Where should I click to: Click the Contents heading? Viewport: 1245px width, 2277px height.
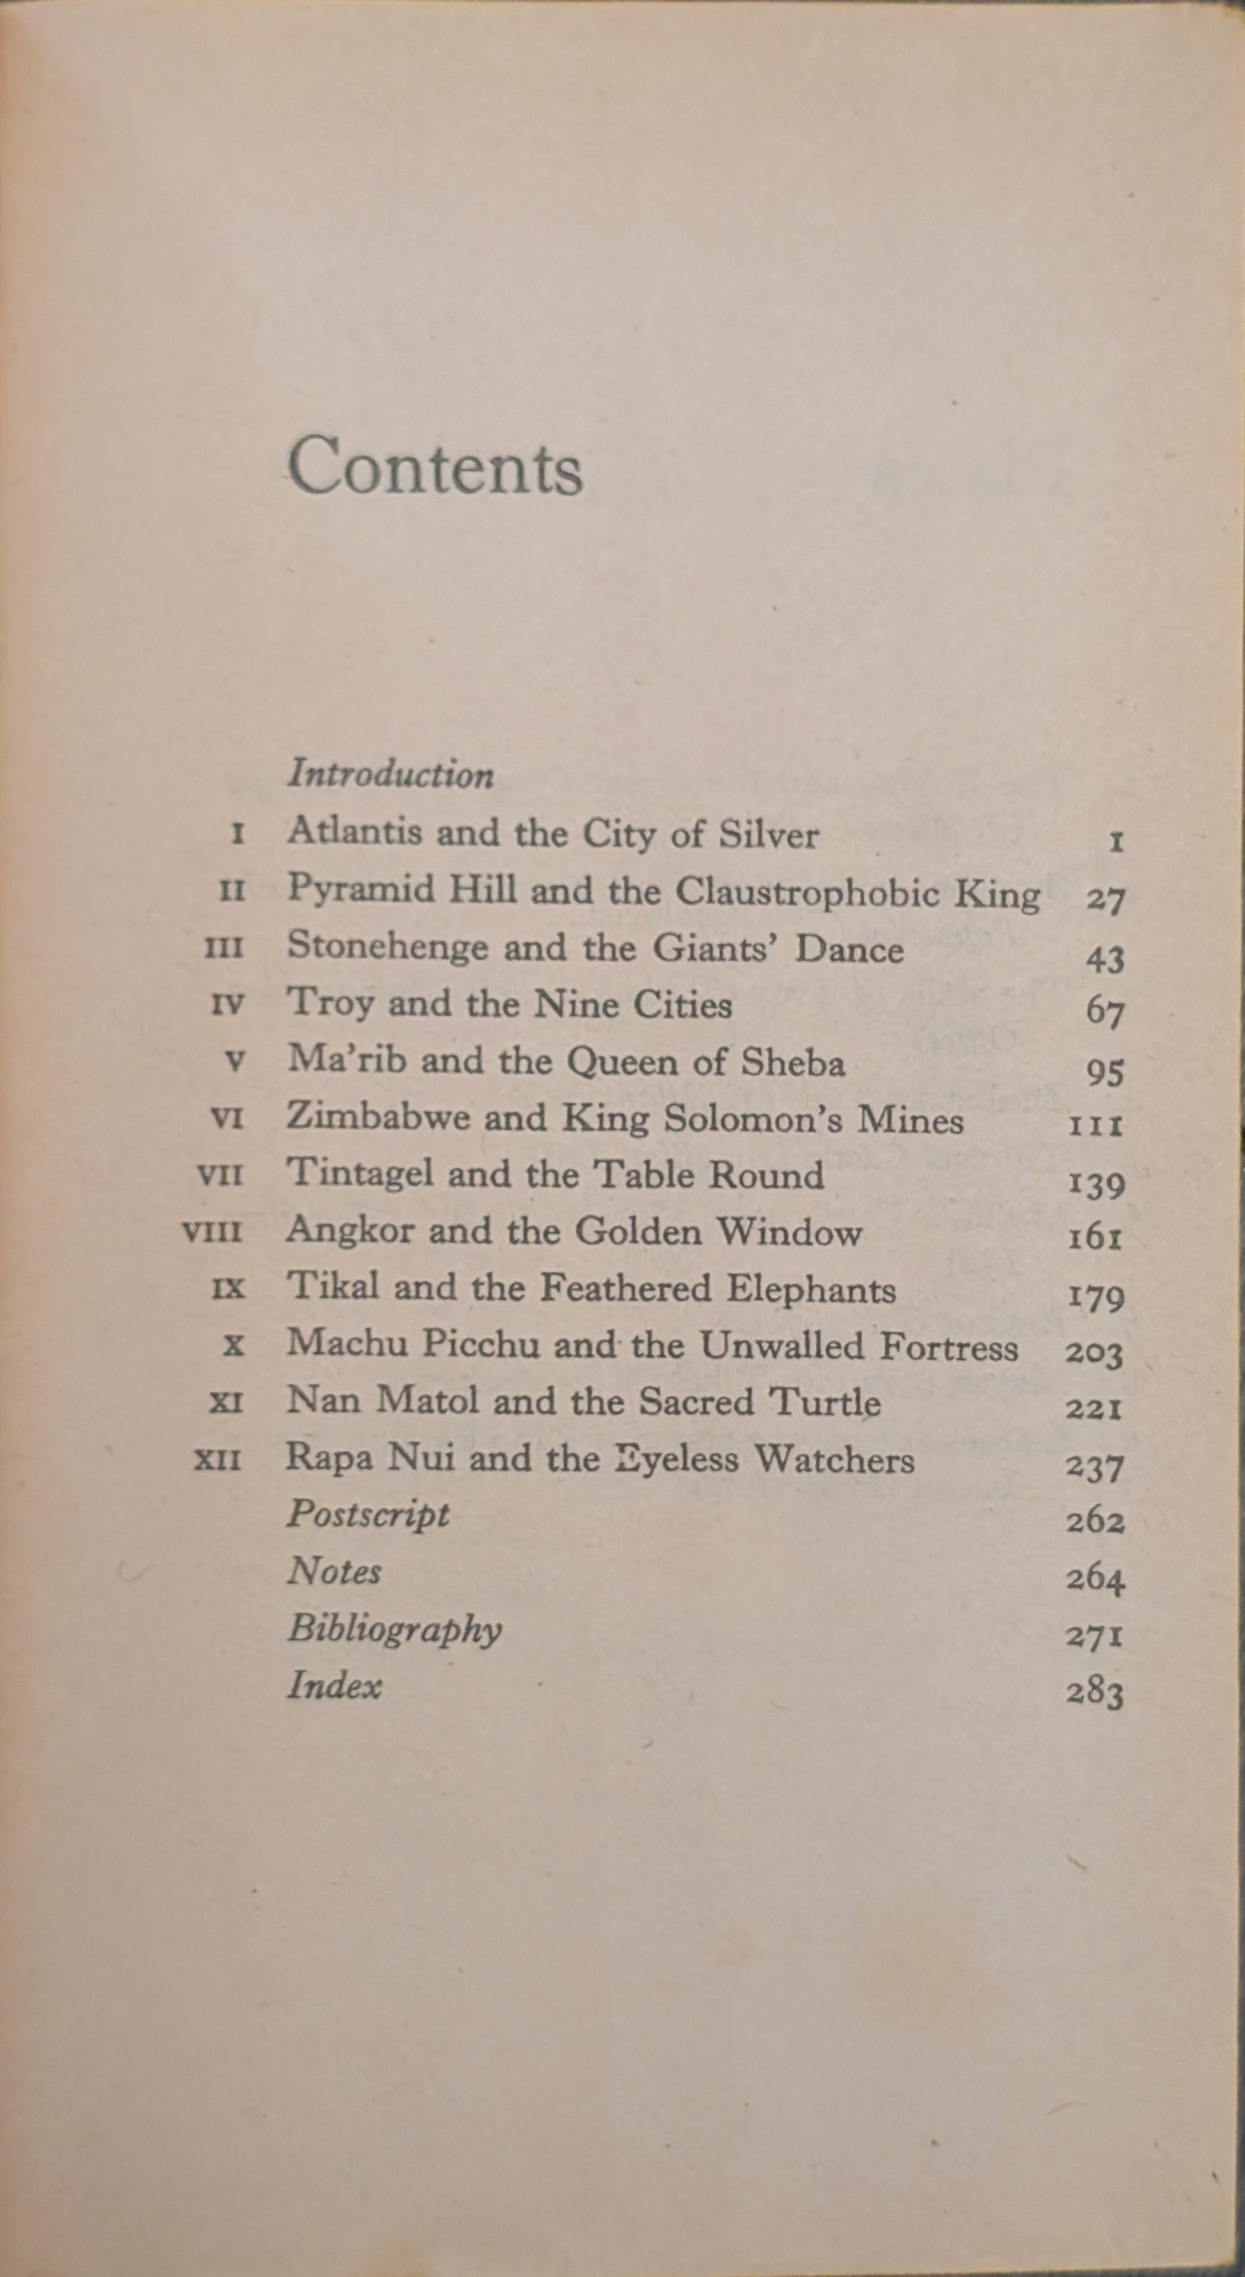(x=435, y=468)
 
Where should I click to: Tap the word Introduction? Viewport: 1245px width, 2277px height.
(x=391, y=775)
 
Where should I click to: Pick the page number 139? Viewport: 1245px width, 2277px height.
(x=1097, y=1183)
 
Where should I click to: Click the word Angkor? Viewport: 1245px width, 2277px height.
(x=350, y=1231)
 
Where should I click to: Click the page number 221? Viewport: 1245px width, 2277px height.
(x=1095, y=1407)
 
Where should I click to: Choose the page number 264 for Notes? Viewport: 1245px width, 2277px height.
(x=1095, y=1578)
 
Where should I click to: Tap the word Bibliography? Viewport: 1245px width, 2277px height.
(x=394, y=1630)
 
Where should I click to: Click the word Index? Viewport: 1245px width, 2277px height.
(x=334, y=1685)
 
